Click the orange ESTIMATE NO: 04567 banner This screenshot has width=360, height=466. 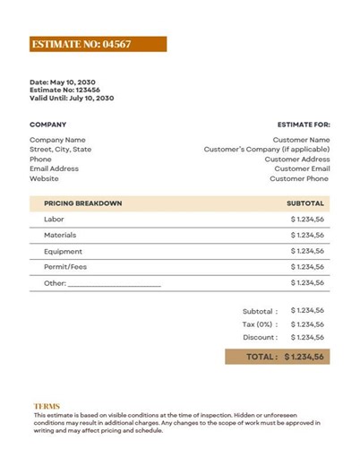[x=98, y=43]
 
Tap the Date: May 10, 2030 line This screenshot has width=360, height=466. [x=63, y=82]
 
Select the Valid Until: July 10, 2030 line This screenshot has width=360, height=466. [x=72, y=98]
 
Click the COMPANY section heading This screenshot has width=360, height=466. [x=47, y=125]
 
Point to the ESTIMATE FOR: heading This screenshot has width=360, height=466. [x=304, y=125]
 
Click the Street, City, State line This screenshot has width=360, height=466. [x=60, y=150]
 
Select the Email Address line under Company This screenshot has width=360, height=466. [x=54, y=168]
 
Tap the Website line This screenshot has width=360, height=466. [x=44, y=178]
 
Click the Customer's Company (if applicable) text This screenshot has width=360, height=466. [x=267, y=150]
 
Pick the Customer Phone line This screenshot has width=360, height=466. [x=299, y=178]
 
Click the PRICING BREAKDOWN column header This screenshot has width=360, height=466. [x=82, y=203]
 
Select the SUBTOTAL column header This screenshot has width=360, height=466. [x=304, y=203]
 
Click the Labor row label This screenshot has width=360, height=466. [x=54, y=219]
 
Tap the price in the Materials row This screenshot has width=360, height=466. [x=307, y=235]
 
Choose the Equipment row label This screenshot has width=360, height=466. [x=63, y=251]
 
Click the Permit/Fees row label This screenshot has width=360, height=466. [x=64, y=267]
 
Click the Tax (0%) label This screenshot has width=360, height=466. [x=260, y=324]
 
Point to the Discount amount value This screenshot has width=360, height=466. [x=307, y=338]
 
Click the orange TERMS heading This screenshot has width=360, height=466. [x=47, y=406]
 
